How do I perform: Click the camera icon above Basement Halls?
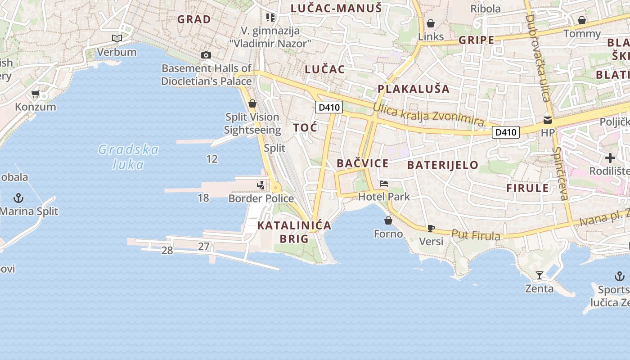coord(206,55)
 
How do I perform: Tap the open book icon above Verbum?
coord(117,39)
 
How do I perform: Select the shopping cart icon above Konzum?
coord(36,94)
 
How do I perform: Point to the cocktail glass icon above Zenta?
coord(539,275)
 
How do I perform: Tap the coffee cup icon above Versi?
coord(431,228)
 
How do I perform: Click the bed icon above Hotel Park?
coord(384,184)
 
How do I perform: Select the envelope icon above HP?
coord(548,120)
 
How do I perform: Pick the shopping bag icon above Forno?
coord(388,220)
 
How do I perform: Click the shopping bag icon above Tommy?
coord(582,20)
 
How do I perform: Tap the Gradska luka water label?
coord(129,157)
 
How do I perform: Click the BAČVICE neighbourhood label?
coord(362,163)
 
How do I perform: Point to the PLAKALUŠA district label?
coord(414,89)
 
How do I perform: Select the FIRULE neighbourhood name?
coord(528,188)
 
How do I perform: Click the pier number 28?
coord(167,251)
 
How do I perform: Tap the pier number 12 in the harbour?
coord(211,159)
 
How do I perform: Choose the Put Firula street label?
coord(476,235)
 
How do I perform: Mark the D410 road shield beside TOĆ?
coord(329,107)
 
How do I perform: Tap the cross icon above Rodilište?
coord(610,158)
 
